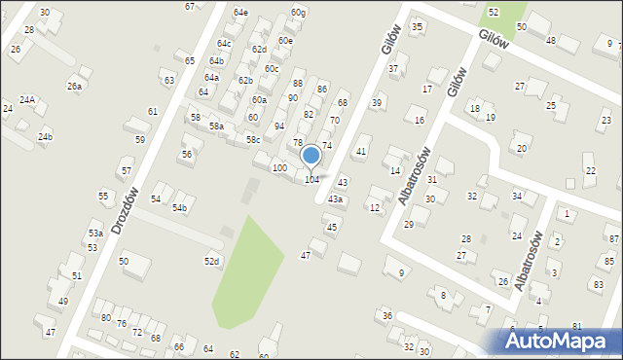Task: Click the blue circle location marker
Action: click(x=311, y=156)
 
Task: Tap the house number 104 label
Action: click(x=311, y=180)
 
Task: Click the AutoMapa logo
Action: click(x=559, y=340)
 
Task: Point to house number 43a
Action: click(x=335, y=199)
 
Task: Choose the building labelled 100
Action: click(x=279, y=168)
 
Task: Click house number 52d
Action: click(x=211, y=261)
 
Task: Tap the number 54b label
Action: click(x=179, y=207)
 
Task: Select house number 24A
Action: click(x=27, y=100)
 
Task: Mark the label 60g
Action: click(x=298, y=13)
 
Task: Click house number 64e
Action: click(x=240, y=13)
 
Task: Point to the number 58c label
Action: click(x=253, y=140)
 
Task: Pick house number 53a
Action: click(x=95, y=234)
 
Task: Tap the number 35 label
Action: click(x=418, y=27)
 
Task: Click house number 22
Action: click(x=590, y=170)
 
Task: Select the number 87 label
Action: click(x=613, y=238)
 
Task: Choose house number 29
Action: click(x=409, y=225)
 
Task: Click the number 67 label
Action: click(x=190, y=6)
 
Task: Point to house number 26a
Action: click(x=75, y=87)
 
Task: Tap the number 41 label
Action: click(x=361, y=152)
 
